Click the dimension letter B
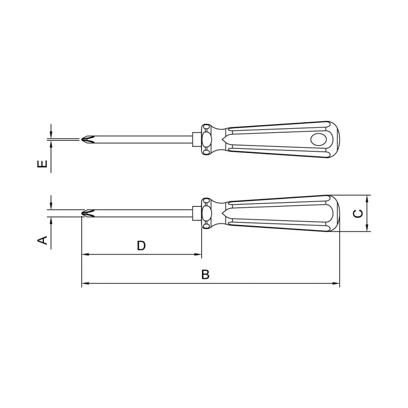(205, 275)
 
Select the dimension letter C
(358, 214)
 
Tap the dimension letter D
(141, 246)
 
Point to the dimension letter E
(43, 164)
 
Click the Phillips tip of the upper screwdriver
(88, 140)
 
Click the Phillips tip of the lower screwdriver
(88, 213)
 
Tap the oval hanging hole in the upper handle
(319, 140)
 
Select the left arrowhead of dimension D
(85, 255)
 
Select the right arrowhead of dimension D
(198, 255)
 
